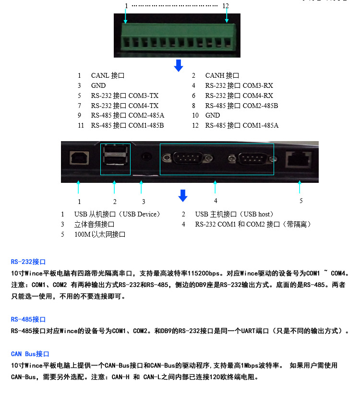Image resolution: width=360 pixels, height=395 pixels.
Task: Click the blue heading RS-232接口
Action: click(28, 262)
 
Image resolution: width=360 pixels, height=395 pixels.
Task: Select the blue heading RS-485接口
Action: click(28, 320)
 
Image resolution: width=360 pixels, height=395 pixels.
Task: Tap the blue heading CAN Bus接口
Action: click(30, 354)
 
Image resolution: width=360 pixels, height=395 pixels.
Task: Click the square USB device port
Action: click(79, 158)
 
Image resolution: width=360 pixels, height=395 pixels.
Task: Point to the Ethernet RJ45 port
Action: click(298, 159)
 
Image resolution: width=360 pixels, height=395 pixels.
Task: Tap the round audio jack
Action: click(146, 157)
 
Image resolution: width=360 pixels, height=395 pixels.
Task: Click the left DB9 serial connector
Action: click(187, 158)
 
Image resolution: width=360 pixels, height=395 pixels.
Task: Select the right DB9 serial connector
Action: click(252, 159)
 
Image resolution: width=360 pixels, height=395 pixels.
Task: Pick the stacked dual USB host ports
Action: click(115, 155)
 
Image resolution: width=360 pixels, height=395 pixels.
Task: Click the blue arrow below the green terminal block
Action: click(179, 65)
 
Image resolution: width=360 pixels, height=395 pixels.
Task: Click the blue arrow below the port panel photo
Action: click(183, 195)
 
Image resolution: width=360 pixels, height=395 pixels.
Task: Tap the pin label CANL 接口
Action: click(108, 75)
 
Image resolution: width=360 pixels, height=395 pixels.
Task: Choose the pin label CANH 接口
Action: click(222, 75)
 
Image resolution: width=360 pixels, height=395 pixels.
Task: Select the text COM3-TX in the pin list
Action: click(144, 96)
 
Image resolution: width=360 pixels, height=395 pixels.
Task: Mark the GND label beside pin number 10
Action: click(213, 115)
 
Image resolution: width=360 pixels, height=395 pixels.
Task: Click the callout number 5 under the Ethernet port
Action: click(301, 201)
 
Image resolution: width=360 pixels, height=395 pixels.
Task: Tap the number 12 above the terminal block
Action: click(226, 6)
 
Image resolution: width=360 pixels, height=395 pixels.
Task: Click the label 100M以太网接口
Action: click(100, 234)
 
